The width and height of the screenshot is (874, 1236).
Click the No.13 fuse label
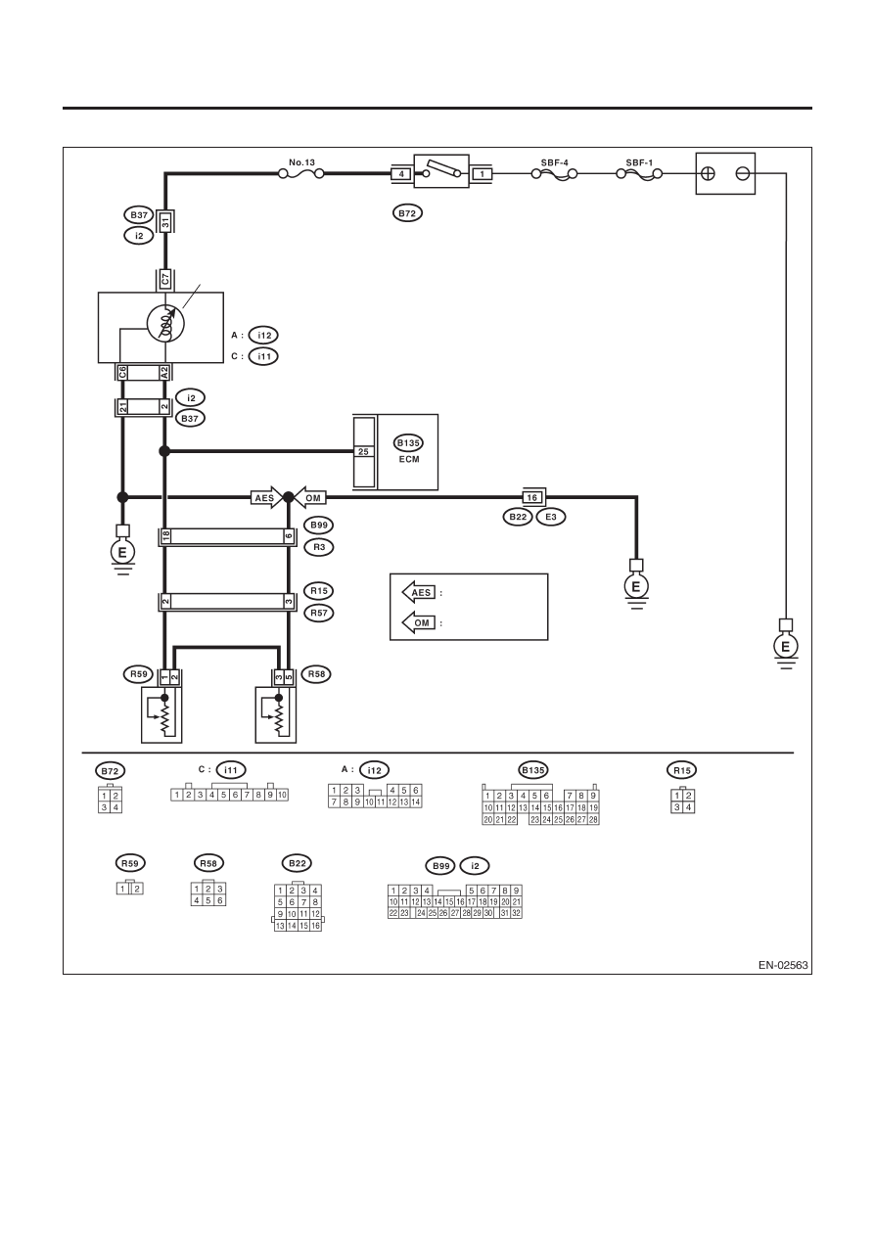[x=301, y=162]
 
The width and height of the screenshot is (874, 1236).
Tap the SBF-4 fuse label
[x=555, y=162]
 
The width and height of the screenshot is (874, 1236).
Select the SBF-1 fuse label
[x=639, y=162]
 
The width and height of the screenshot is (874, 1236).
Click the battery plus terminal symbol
[x=708, y=174]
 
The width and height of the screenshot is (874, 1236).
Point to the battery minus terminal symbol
[x=743, y=174]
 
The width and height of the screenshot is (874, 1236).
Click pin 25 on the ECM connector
[x=364, y=451]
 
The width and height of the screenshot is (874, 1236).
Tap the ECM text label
[x=409, y=459]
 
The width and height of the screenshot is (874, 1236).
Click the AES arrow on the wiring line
[x=266, y=498]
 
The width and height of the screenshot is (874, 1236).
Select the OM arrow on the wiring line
[x=310, y=498]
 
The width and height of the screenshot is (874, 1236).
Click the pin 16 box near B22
[x=532, y=497]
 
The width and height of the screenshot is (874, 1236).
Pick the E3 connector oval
[x=551, y=517]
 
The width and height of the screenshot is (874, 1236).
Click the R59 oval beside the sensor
[x=139, y=673]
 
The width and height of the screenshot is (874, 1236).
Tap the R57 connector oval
[x=319, y=613]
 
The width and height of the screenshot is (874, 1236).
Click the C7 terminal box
[x=165, y=279]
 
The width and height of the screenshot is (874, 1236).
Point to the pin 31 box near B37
[x=165, y=223]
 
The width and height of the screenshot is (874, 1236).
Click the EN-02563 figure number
[x=783, y=965]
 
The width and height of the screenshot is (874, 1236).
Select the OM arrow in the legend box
[x=418, y=623]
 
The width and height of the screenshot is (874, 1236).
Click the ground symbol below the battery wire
[x=786, y=646]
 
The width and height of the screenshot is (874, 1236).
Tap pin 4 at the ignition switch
[x=401, y=174]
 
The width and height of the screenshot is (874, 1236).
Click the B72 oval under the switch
[x=408, y=213]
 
